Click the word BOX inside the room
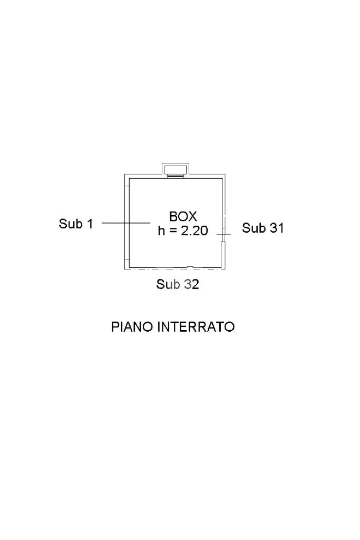coord(183,216)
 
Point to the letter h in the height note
coord(161,230)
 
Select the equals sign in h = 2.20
coord(172,231)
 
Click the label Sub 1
coord(75,224)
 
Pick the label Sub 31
coord(263,228)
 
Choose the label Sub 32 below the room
coord(178,285)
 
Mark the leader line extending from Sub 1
coord(127,223)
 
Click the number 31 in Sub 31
coord(277,228)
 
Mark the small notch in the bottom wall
coord(190,267)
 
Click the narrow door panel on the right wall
coord(223,254)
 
